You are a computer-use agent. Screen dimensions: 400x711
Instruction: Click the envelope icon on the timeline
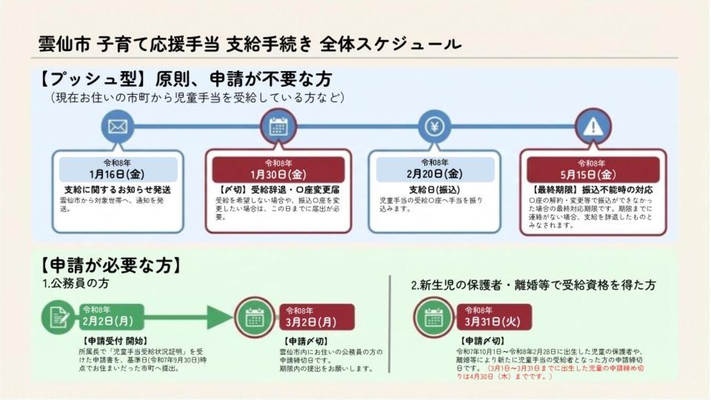(x=118, y=126)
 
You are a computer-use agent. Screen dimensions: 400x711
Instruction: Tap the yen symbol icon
(x=434, y=126)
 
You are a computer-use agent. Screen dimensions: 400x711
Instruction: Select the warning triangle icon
(x=593, y=126)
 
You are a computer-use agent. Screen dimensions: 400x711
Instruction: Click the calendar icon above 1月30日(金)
(x=278, y=126)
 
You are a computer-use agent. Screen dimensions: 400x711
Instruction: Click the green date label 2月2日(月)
(x=108, y=320)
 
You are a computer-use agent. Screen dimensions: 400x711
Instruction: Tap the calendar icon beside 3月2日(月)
(x=254, y=317)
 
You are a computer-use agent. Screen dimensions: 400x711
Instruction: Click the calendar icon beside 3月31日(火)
(x=433, y=317)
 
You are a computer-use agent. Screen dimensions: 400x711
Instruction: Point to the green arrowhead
(x=219, y=317)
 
